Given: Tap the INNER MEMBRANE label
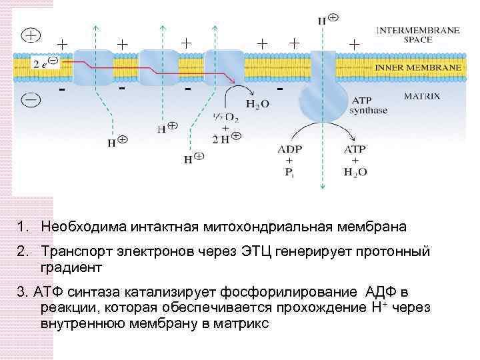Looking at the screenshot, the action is [417, 69].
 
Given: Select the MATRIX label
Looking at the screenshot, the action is [422, 96].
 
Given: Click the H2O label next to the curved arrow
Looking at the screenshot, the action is [258, 104].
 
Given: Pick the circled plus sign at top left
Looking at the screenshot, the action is [31, 35].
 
